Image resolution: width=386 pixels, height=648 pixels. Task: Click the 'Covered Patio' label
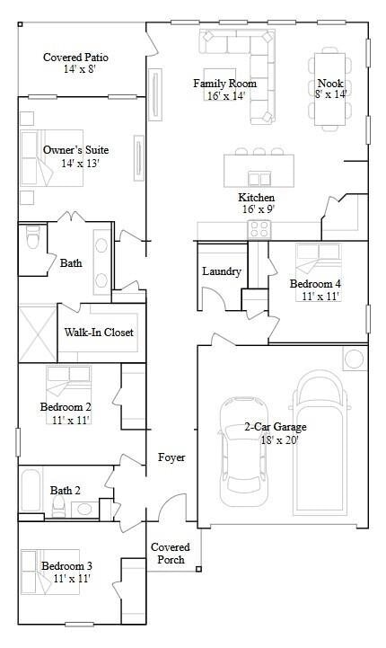coord(75,58)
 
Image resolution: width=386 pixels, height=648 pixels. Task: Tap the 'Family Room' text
coord(219,84)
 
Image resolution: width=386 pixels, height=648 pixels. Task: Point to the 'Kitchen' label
coord(256,198)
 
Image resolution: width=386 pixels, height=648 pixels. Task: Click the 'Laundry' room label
coord(222,271)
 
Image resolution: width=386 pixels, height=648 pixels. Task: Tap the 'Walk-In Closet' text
coord(99,333)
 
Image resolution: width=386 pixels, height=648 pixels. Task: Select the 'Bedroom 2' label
coord(66,407)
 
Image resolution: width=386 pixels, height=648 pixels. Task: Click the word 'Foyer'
coord(171,457)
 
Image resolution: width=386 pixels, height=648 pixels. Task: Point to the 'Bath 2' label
coord(66,491)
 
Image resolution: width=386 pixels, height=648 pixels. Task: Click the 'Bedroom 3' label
coord(66,565)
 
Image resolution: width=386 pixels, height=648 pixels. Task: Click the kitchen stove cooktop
coord(259,229)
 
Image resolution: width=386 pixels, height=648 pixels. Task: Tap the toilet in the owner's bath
coord(32,240)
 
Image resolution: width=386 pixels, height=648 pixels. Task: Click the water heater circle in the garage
coord(355,359)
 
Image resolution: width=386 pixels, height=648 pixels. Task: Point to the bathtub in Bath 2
coord(33,493)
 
